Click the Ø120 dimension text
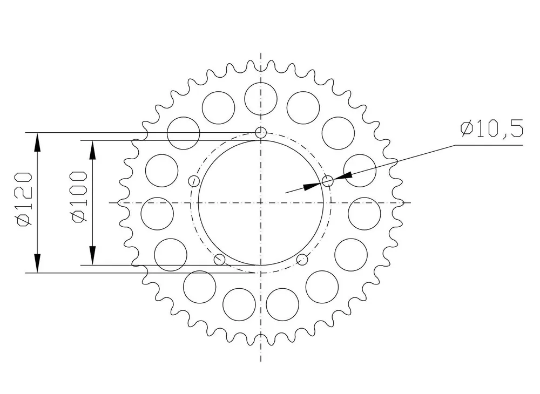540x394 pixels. pyautogui.click(x=25, y=200)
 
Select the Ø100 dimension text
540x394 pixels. pyautogui.click(x=78, y=196)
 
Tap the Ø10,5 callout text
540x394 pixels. pyautogui.click(x=492, y=128)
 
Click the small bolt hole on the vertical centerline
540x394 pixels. pyautogui.click(x=261, y=132)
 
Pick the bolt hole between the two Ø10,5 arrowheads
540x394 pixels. pyautogui.click(x=328, y=181)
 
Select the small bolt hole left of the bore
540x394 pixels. pyautogui.click(x=194, y=181)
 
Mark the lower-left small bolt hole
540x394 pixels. pyautogui.click(x=219, y=259)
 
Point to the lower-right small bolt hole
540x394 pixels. pyautogui.click(x=302, y=259)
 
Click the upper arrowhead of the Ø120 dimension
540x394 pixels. pyautogui.click(x=37, y=142)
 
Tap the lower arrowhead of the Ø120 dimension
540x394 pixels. pyautogui.click(x=37, y=263)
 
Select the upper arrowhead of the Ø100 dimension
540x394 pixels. pyautogui.click(x=92, y=150)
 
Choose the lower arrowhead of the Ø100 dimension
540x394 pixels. pyautogui.click(x=92, y=256)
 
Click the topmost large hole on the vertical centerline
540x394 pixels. pyautogui.click(x=261, y=99)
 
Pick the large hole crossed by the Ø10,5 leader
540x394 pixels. pyautogui.click(x=360, y=171)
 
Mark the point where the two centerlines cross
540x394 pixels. pyautogui.click(x=261, y=203)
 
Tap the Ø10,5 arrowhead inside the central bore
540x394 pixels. pyautogui.click(x=313, y=186)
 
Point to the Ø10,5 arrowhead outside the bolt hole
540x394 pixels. pyautogui.click(x=343, y=176)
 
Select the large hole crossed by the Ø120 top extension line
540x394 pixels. pyautogui.click(x=184, y=133)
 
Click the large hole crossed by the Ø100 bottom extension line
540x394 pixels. pyautogui.click(x=171, y=255)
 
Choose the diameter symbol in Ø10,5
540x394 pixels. pyautogui.click(x=467, y=128)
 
